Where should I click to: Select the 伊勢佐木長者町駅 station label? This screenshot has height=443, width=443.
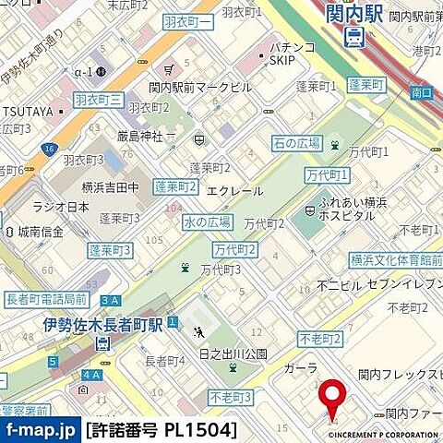pyautogui.click(x=102, y=325)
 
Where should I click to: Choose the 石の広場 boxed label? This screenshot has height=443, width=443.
pyautogui.click(x=296, y=142)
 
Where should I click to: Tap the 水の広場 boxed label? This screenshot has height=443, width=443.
pyautogui.click(x=207, y=221)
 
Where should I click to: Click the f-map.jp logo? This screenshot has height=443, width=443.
pyautogui.click(x=41, y=430)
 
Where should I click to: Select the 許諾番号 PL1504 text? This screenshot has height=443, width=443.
pyautogui.click(x=162, y=430)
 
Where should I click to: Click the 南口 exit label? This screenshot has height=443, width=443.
pyautogui.click(x=421, y=93)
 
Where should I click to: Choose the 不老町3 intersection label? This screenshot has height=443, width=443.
pyautogui.click(x=231, y=396)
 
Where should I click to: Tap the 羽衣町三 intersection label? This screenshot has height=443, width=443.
pyautogui.click(x=98, y=99)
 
